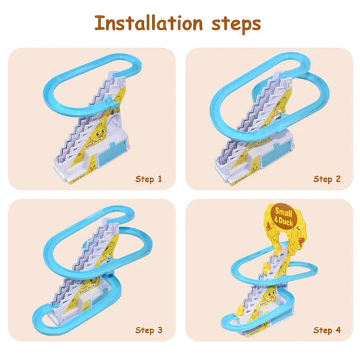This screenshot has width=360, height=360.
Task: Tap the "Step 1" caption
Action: pos(149,179)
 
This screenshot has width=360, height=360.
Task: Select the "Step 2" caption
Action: pos(327,179)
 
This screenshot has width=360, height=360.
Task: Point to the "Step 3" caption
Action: pos(149,330)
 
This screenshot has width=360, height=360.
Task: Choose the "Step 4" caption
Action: pos(327,330)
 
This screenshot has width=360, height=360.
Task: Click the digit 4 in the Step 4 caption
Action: pos(338,330)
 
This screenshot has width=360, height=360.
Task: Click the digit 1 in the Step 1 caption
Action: pos(160,179)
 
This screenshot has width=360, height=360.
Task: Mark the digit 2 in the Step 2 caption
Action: pos(338,179)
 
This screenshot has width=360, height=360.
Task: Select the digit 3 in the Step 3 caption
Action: pos(160,330)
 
